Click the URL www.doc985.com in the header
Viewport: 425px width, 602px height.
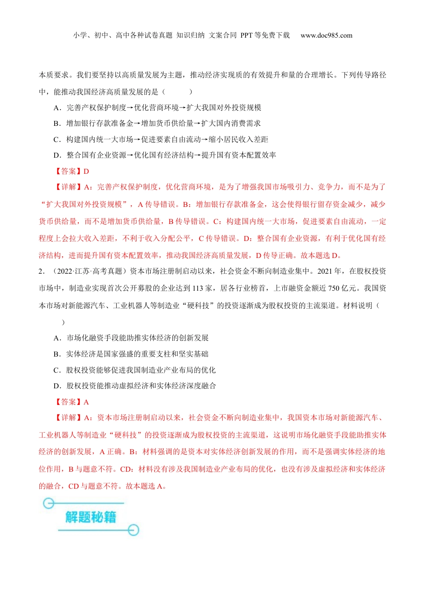pyautogui.click(x=326, y=35)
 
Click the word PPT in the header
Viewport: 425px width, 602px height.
pyautogui.click(x=246, y=35)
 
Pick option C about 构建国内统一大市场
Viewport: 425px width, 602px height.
pyautogui.click(x=161, y=139)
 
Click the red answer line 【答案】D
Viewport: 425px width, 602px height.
pyautogui.click(x=72, y=171)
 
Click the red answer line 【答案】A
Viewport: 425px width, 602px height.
pyautogui.click(x=72, y=402)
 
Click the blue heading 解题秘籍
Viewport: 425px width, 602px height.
pyautogui.click(x=91, y=517)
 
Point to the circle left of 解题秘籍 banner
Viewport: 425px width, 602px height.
pyautogui.click(x=48, y=504)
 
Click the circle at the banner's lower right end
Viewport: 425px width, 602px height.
pyautogui.click(x=133, y=530)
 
